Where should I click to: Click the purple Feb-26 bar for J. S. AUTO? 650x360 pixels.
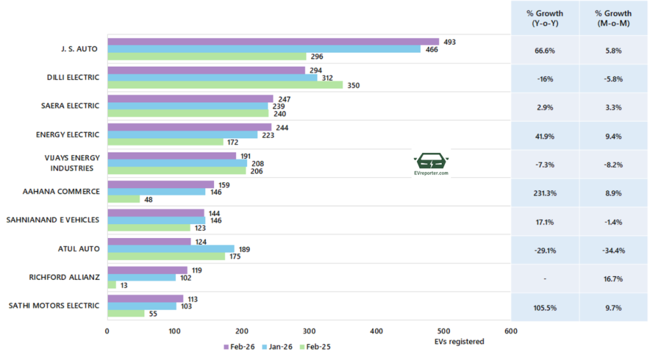(273, 42)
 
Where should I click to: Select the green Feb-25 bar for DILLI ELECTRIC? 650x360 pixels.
(225, 85)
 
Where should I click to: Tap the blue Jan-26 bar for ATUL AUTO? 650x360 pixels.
(171, 249)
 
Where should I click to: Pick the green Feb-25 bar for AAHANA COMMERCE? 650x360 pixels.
(124, 199)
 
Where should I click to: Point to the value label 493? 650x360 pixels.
(449, 42)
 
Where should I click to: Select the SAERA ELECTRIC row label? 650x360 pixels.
(70, 106)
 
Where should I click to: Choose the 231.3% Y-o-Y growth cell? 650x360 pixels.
(545, 192)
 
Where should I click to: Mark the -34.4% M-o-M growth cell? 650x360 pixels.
(614, 250)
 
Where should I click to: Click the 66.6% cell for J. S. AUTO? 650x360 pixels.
(545, 49)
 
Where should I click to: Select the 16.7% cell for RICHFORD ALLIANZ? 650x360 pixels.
(614, 279)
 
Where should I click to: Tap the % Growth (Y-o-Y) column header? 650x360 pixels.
(545, 18)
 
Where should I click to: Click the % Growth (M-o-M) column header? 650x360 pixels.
(614, 18)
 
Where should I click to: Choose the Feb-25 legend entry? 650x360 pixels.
(315, 347)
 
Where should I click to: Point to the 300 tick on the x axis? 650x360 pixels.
(309, 331)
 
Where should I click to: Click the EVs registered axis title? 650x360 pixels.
(460, 342)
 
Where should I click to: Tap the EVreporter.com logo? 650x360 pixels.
(431, 164)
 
